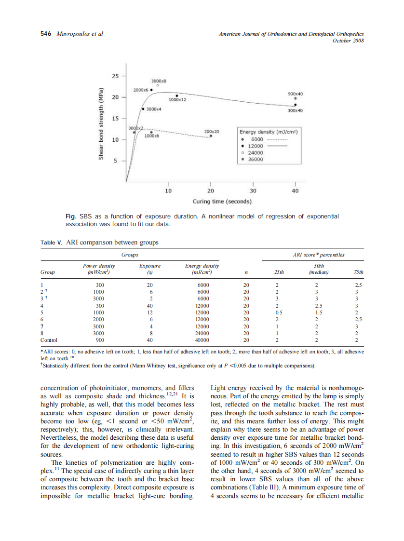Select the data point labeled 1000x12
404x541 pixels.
[177, 95]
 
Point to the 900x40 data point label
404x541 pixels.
[295, 93]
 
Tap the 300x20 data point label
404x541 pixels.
[212, 131]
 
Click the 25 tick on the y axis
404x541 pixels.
[115, 76]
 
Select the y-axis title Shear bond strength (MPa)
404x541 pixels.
[101, 124]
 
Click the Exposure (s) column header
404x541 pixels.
[149, 269]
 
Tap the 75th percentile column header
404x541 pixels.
[358, 272]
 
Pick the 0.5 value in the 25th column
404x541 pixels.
[279, 312]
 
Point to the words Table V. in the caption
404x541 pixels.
[51, 243]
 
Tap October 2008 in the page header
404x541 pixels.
[348, 41]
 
